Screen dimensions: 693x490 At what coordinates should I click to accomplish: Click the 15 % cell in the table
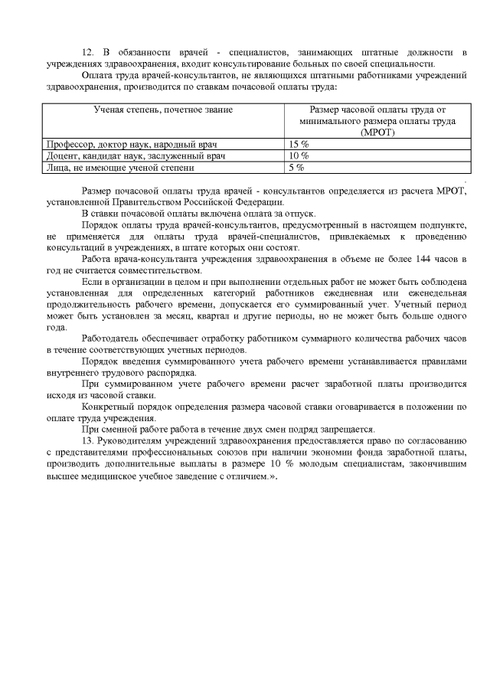point(299,144)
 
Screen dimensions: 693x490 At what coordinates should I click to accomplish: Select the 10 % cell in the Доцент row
point(299,155)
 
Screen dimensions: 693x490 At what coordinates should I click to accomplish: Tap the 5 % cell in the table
point(296,167)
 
